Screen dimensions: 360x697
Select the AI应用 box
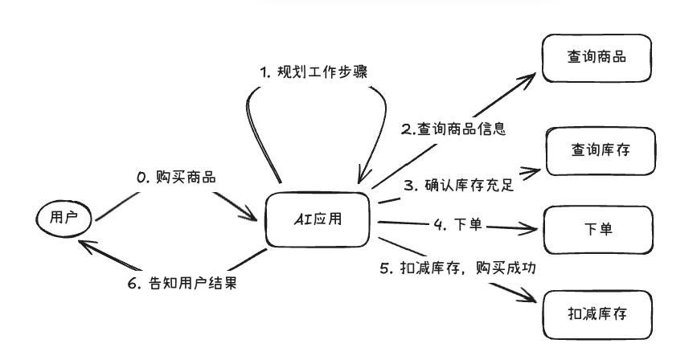coord(318,219)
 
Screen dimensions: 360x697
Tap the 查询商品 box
coord(596,58)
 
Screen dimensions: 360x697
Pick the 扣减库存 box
coord(596,313)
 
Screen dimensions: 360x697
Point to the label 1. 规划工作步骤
coord(313,72)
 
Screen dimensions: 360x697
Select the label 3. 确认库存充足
coord(458,186)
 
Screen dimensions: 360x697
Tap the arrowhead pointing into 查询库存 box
coord(532,170)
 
